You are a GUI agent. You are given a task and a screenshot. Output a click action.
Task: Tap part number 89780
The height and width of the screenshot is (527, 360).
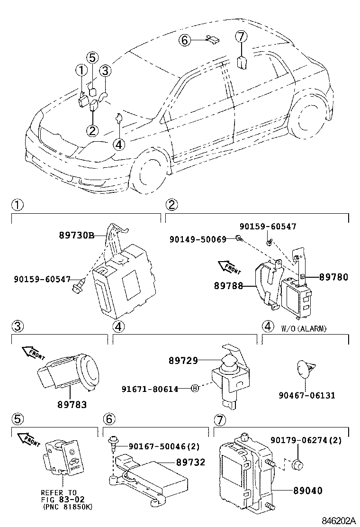(x=333, y=277)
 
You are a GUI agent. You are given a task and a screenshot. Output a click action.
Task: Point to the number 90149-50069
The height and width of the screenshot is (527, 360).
(x=198, y=240)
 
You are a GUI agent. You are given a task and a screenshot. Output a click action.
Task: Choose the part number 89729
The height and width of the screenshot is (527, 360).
(x=183, y=361)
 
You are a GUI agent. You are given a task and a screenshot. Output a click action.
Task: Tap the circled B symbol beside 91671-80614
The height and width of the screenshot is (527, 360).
(x=194, y=389)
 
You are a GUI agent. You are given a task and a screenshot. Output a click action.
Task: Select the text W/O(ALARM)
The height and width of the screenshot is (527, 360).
(x=304, y=328)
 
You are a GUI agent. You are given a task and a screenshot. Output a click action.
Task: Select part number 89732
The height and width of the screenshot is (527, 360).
(x=190, y=462)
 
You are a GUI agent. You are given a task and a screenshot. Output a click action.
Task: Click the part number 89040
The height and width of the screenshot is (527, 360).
(x=307, y=491)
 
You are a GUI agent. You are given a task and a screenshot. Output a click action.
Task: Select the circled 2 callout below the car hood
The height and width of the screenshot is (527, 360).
(x=92, y=130)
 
